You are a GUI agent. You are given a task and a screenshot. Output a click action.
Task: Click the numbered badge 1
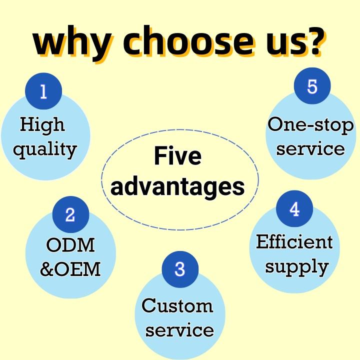coord(43,91)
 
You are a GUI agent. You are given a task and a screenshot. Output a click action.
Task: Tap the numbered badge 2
coord(70,214)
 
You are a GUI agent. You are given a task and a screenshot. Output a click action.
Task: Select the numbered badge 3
coord(180,269)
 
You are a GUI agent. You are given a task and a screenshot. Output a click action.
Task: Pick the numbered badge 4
coord(294,209)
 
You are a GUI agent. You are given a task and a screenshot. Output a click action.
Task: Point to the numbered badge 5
coord(312,86)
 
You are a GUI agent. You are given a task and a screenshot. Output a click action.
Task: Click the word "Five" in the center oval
coord(177,156)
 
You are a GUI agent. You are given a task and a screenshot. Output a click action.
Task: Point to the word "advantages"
coord(177,186)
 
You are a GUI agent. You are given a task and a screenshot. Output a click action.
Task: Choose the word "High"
coord(42,124)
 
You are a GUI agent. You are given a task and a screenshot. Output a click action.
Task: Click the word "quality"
coord(45,149)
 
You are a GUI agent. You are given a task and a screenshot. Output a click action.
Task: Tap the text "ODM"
coord(70,245)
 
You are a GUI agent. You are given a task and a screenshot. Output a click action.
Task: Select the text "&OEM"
coord(70,269)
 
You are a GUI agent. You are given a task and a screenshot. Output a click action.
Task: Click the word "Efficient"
coord(294,242)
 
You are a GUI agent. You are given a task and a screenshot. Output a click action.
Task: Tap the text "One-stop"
coord(310,124)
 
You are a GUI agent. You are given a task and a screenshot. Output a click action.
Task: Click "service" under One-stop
coord(310,148)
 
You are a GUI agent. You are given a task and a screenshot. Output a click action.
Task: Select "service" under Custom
coord(179,330)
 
